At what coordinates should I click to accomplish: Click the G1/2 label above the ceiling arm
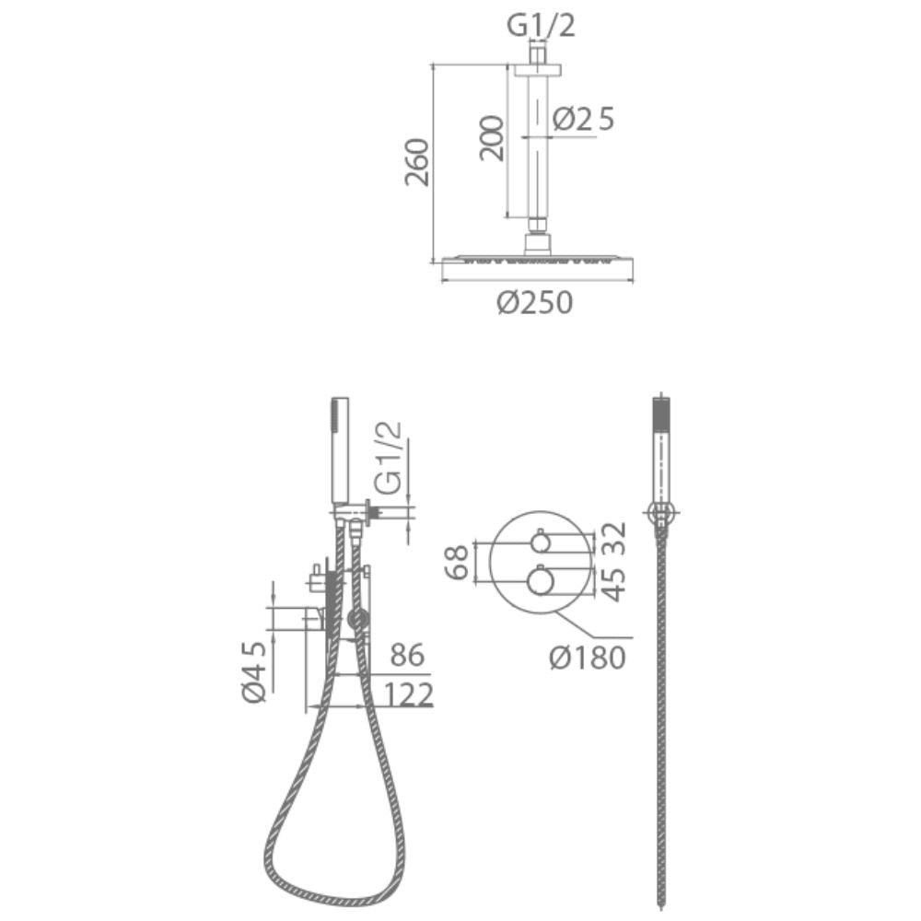(x=541, y=26)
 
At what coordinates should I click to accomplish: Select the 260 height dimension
(x=417, y=162)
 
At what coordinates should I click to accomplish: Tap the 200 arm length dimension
(x=492, y=138)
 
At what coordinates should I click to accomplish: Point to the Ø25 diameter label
(x=583, y=119)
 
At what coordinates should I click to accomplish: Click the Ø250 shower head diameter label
(x=534, y=303)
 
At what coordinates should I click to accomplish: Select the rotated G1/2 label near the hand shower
(x=389, y=457)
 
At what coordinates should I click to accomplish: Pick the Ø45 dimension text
(x=254, y=672)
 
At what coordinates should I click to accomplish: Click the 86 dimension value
(x=408, y=655)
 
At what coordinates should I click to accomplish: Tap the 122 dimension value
(x=409, y=694)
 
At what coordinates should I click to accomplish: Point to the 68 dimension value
(x=457, y=562)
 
